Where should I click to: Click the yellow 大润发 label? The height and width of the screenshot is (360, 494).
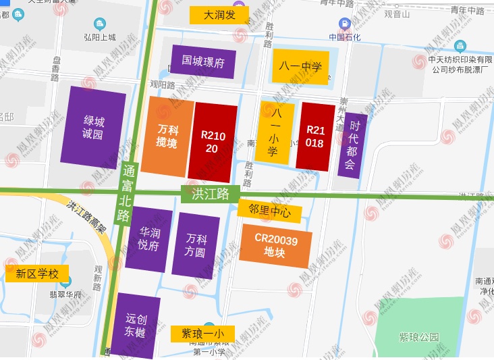219,15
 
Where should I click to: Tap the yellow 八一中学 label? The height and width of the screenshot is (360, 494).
300,67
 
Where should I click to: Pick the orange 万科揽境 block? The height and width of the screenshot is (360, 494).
167,136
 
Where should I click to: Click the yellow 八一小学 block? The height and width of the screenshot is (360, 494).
273,132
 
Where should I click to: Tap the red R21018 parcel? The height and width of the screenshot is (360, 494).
314,136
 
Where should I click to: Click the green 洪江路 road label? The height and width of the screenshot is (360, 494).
210,194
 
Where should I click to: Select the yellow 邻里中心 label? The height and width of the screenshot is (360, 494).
269,211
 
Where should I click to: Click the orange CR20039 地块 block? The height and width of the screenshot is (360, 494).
275,245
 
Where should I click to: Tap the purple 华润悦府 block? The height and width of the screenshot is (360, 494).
149,239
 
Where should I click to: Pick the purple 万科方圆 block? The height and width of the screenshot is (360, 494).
196,245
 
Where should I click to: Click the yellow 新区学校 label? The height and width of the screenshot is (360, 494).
37,274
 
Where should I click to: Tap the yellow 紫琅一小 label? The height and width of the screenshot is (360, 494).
202,334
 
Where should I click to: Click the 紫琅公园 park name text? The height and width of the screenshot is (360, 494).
418,337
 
